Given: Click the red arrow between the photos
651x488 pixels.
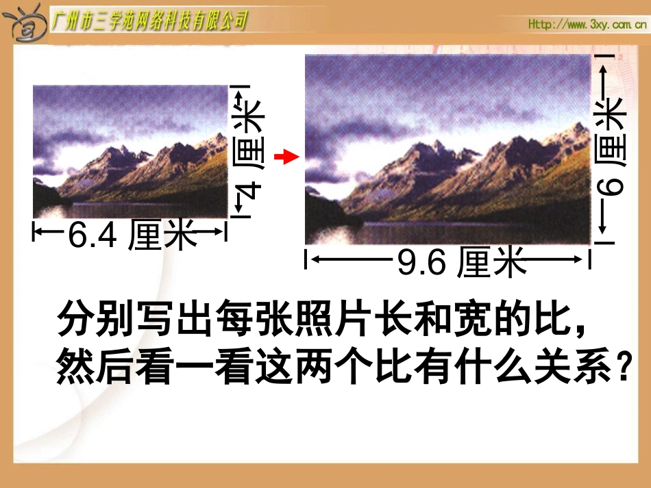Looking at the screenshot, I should (287, 158).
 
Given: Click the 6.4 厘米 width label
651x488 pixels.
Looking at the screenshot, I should (129, 235).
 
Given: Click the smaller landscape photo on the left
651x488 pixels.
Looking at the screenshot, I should (130, 151).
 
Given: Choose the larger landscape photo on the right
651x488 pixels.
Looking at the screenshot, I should (447, 150).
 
